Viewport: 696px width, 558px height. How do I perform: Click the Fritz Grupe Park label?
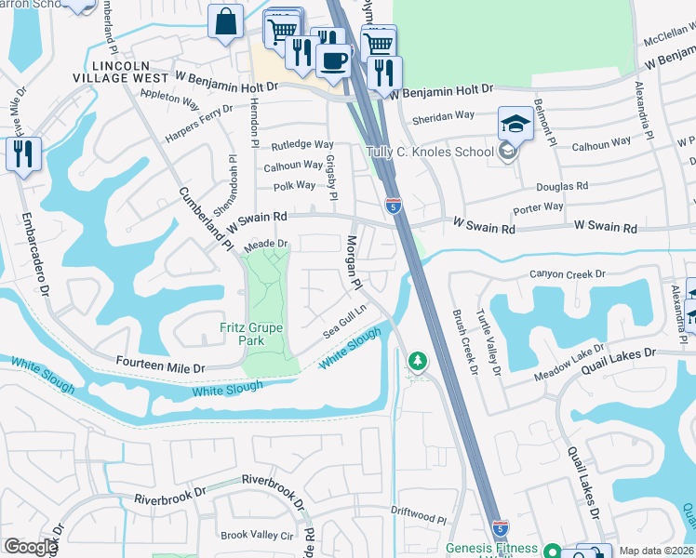point(242,334)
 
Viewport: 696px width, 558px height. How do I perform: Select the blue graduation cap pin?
point(515,124)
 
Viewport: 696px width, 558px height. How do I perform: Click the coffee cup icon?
point(332,60)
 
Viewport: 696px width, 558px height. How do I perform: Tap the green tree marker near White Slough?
point(419,360)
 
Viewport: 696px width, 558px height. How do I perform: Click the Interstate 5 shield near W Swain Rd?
point(394,206)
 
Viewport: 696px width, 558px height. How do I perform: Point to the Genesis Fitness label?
point(492,548)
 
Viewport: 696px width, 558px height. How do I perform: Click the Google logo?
point(31,547)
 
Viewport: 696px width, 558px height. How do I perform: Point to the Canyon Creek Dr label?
point(568,274)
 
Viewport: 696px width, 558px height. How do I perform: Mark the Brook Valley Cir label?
point(257,536)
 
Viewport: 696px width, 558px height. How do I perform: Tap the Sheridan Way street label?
point(444,115)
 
